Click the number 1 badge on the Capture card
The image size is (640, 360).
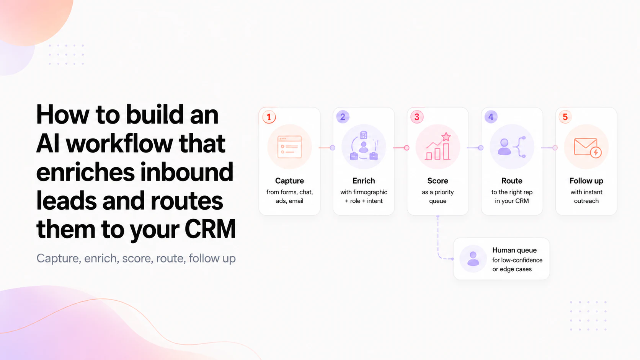click(269, 117)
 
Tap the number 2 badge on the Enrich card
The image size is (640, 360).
click(343, 117)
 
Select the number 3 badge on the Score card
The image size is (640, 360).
click(417, 117)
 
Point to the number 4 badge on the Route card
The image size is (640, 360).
click(491, 117)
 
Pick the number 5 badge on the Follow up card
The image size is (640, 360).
click(565, 117)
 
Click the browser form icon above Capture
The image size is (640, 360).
click(289, 147)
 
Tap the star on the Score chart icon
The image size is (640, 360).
click(446, 137)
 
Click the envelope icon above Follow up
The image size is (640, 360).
click(585, 147)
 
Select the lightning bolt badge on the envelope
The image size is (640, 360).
click(596, 152)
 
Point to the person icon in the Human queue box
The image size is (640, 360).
click(473, 259)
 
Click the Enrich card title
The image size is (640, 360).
click(363, 181)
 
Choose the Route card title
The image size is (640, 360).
click(512, 181)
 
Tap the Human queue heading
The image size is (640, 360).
click(514, 250)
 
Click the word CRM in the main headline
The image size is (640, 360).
click(210, 229)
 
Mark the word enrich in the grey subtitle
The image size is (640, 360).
click(101, 258)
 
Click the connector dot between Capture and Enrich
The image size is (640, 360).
click(332, 148)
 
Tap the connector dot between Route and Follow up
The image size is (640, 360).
click(555, 148)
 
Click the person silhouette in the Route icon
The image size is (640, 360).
click(504, 147)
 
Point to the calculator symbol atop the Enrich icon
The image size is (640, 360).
click(363, 135)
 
